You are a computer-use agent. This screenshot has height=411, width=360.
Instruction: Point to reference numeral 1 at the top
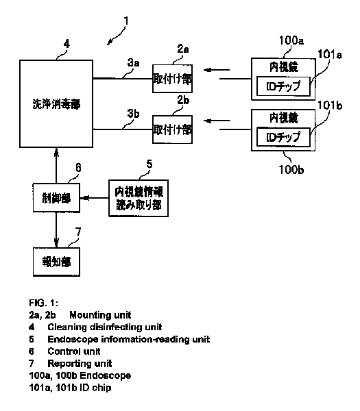(126, 21)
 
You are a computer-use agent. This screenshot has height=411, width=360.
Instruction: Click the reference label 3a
(133, 63)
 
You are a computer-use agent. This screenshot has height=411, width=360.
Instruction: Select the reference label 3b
(133, 114)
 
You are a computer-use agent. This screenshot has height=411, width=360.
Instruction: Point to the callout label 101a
(330, 55)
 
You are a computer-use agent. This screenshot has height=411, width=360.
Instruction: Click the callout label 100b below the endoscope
(291, 170)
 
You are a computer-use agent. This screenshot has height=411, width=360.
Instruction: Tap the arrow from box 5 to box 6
(95, 198)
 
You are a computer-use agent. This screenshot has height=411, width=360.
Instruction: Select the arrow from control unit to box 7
(56, 229)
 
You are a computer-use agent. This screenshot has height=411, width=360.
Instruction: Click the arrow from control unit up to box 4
(56, 166)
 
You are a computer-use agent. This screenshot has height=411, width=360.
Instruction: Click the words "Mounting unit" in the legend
(100, 315)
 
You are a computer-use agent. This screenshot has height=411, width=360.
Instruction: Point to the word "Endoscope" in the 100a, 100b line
(105, 375)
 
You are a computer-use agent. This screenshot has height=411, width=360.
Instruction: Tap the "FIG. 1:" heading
(44, 303)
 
